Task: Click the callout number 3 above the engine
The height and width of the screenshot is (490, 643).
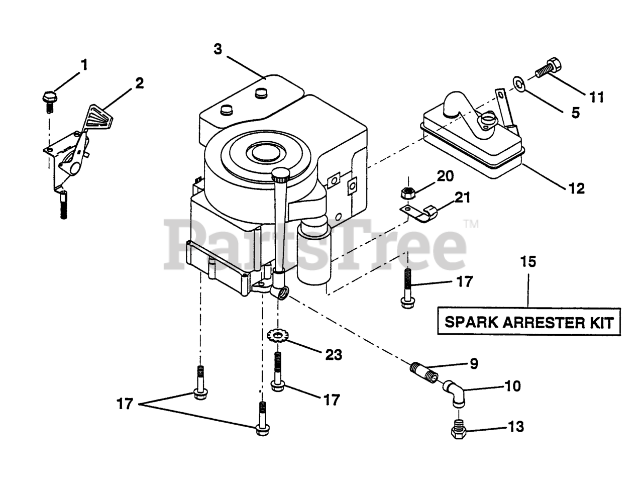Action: coord(218,49)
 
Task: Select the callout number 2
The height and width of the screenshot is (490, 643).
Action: coord(139,83)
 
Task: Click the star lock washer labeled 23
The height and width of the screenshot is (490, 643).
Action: coord(276,335)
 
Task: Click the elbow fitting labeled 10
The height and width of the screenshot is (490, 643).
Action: coord(453,393)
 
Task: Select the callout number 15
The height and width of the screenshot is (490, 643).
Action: coord(528,262)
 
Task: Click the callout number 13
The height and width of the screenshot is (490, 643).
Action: coord(515,427)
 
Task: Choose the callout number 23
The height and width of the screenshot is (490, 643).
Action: coord(333,355)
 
